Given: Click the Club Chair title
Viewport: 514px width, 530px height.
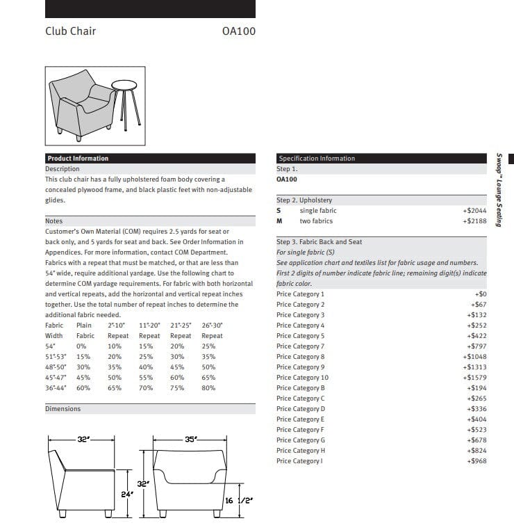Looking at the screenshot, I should click(x=71, y=31).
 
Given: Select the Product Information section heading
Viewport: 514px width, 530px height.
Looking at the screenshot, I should click(x=78, y=159).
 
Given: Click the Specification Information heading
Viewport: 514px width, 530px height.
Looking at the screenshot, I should click(x=317, y=159).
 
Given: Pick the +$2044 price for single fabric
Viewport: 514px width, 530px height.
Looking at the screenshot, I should click(x=475, y=211).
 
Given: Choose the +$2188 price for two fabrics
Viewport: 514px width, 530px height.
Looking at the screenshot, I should click(x=475, y=221).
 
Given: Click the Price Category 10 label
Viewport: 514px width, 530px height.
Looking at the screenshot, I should click(x=302, y=378).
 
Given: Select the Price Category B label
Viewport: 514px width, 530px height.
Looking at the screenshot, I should click(x=301, y=388).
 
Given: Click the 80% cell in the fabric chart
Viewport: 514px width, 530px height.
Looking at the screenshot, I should click(x=208, y=388).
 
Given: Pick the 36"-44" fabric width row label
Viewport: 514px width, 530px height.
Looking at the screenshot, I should click(x=56, y=388).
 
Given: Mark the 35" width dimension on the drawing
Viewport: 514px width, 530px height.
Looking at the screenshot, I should click(x=191, y=440).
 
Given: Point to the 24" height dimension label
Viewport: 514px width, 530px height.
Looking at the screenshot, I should click(x=126, y=495).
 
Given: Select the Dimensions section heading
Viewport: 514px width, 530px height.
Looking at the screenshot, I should click(x=63, y=409).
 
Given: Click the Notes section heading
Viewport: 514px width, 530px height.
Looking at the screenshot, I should click(x=54, y=221).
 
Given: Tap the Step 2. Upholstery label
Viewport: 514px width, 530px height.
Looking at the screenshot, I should click(x=304, y=200).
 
